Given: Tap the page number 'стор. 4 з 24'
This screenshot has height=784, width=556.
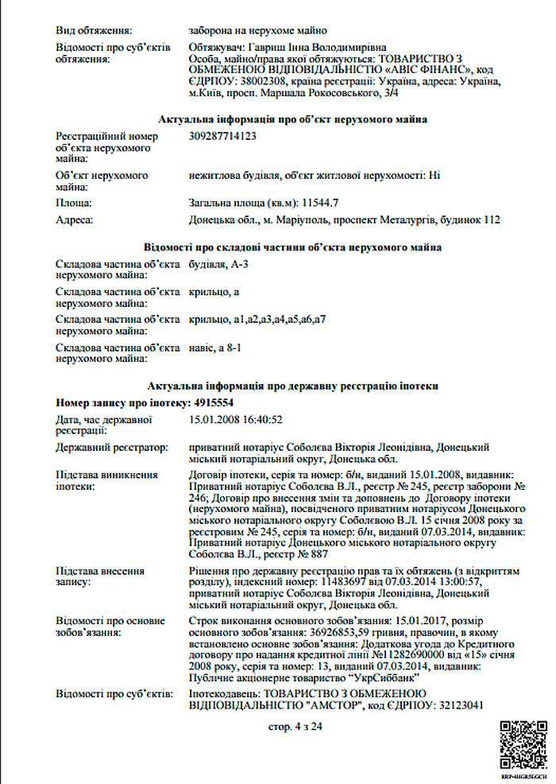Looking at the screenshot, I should click(295, 726).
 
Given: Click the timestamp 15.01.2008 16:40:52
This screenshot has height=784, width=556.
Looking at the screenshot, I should click(237, 420).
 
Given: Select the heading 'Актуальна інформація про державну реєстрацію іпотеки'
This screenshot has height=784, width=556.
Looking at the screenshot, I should click(293, 386).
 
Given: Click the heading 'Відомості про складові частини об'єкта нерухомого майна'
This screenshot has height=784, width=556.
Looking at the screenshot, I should click(293, 247).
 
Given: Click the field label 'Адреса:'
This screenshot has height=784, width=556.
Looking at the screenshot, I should click(75, 219).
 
